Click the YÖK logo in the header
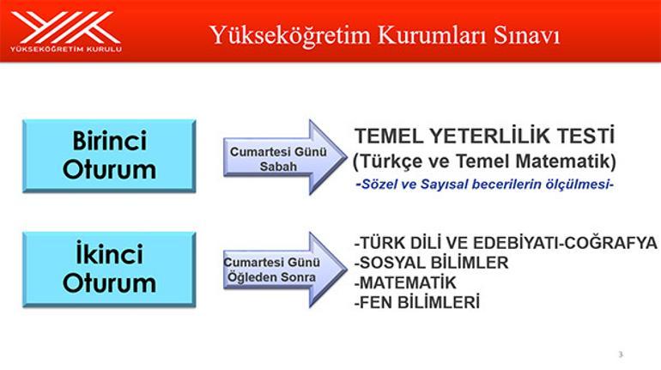point(66,31)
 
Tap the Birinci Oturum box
point(109,156)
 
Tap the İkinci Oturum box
point(109,269)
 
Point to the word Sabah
point(278,167)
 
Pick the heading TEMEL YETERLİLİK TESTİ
point(485,136)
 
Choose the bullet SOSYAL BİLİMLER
point(431,263)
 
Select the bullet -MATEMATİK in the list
point(405,282)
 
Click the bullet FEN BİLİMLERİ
point(417,302)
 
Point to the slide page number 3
point(621,355)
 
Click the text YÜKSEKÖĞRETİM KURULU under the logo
point(66,49)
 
